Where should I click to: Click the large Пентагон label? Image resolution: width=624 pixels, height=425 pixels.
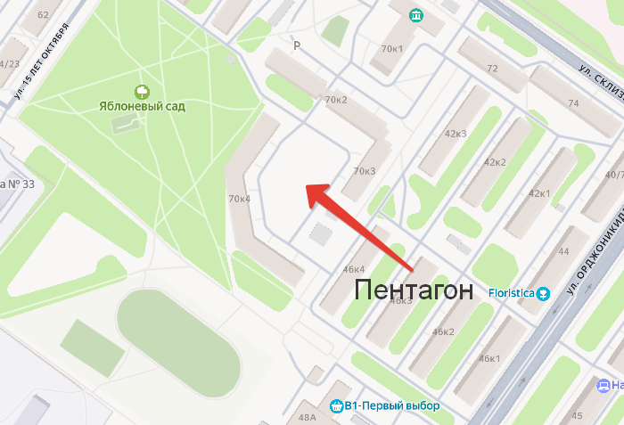click(x=411, y=289)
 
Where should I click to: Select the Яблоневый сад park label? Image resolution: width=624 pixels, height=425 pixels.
click(x=142, y=106)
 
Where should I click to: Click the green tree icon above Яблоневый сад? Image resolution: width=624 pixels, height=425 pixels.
click(x=141, y=91)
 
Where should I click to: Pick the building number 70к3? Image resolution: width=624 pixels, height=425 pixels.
click(x=365, y=171)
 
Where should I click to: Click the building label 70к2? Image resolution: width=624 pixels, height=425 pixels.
click(x=336, y=99)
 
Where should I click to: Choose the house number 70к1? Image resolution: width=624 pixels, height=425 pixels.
click(x=392, y=48)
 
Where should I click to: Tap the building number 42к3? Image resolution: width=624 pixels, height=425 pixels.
click(x=456, y=135)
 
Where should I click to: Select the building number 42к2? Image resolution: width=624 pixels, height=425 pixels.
click(x=495, y=162)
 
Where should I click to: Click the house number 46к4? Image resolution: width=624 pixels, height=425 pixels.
click(x=354, y=269)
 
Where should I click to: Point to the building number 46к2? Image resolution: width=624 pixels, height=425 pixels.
click(x=443, y=331)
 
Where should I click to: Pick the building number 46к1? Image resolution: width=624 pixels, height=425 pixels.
click(x=489, y=358)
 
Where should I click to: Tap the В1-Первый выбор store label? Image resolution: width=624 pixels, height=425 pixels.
click(x=392, y=406)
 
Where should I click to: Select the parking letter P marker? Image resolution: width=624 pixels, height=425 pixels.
click(x=297, y=45)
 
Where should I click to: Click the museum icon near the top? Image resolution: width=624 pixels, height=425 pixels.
click(x=416, y=15)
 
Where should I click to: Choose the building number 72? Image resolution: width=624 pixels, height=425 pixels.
click(x=492, y=68)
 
